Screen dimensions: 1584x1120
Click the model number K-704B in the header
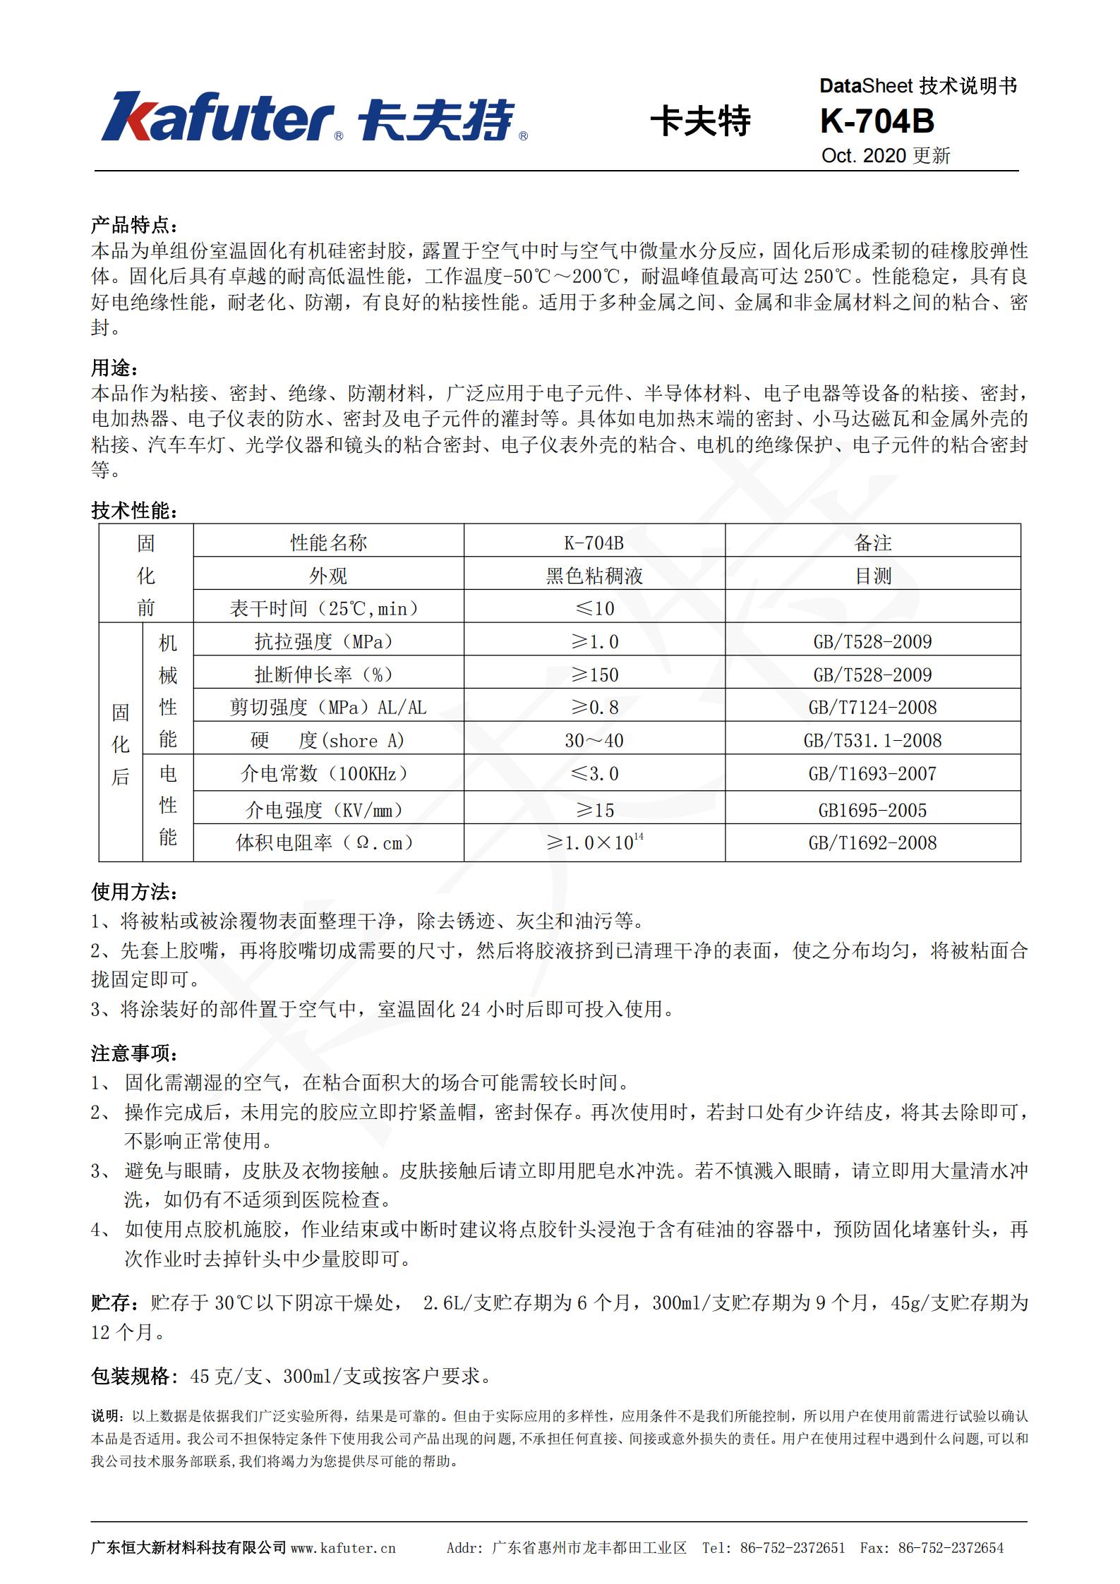click(x=877, y=121)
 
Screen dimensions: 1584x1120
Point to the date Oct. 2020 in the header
click(x=863, y=155)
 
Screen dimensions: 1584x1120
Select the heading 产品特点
click(x=134, y=225)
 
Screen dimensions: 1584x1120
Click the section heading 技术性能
click(x=134, y=510)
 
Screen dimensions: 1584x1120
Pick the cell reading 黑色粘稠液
click(x=594, y=575)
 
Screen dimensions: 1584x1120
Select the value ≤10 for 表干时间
click(x=594, y=608)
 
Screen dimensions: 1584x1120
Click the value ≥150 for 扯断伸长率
click(x=594, y=675)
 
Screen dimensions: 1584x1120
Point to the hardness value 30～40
click(x=594, y=740)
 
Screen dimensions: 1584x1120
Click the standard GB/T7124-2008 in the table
click(x=872, y=707)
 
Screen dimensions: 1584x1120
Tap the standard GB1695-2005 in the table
click(x=872, y=810)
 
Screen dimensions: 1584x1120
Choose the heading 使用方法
click(x=134, y=892)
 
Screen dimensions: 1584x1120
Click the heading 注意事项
click(x=134, y=1053)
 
